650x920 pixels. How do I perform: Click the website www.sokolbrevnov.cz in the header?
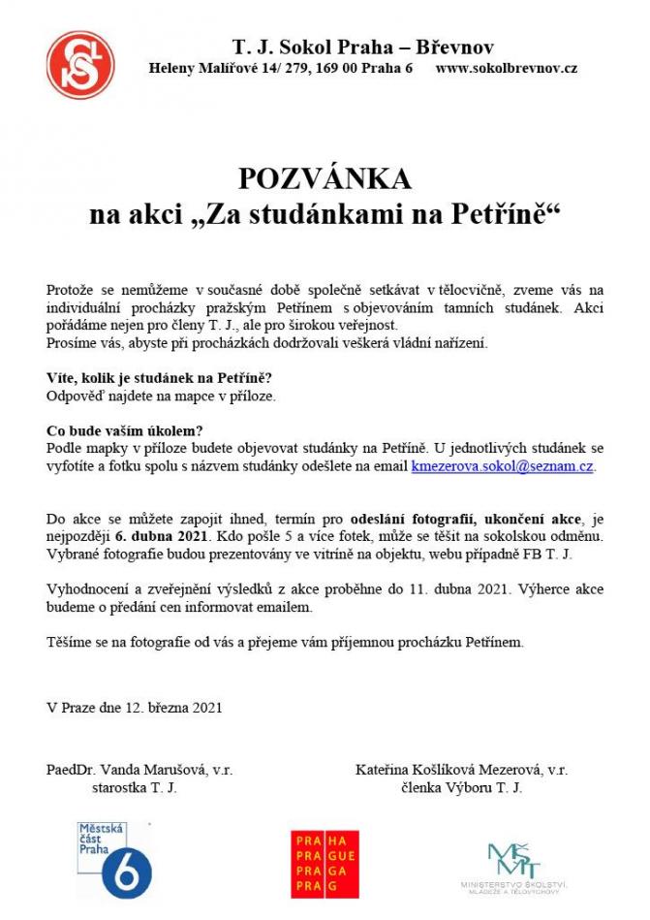507,69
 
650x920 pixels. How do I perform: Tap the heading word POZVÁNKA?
325,178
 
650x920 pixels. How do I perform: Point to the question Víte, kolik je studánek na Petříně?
159,378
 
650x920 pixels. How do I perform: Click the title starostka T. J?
134,787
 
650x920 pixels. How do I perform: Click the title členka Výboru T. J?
462,787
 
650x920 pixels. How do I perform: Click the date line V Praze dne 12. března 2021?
135,707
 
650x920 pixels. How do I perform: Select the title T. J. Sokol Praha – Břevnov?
363,47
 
